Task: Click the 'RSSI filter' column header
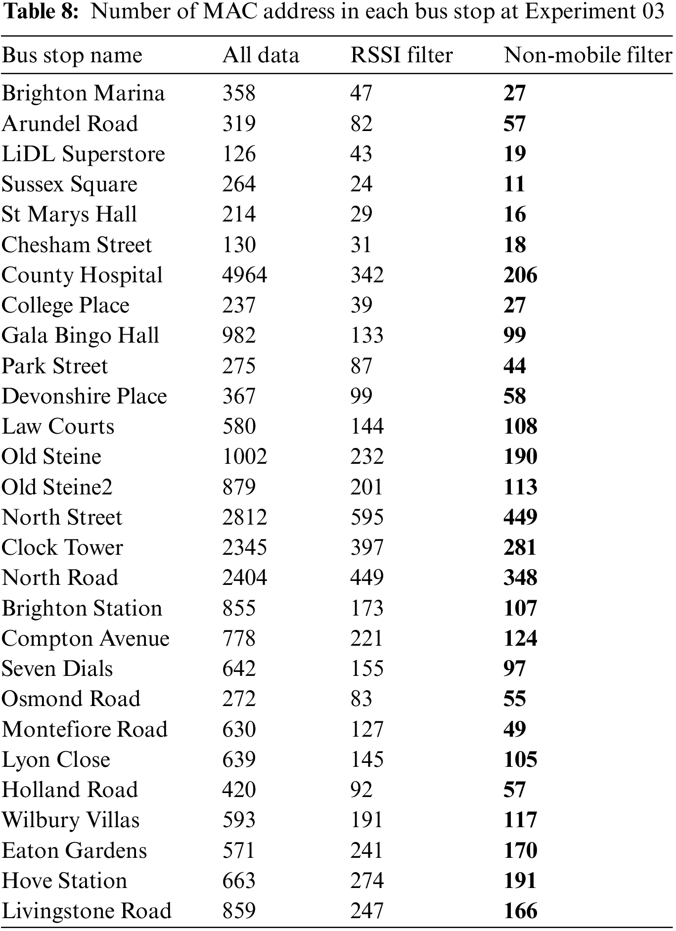401,55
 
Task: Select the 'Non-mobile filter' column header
587,55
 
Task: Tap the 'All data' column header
261,55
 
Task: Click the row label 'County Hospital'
82,275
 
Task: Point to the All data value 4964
244,275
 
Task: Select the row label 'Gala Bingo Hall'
80,336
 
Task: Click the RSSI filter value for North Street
367,518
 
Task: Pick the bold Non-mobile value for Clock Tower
520,548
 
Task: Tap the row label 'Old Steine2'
57,488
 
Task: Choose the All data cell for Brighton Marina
239,93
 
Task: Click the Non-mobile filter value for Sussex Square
514,184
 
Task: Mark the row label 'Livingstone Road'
87,911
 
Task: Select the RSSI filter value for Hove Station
367,881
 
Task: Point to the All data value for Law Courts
239,427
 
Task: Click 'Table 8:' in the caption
41,11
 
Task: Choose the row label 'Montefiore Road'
85,730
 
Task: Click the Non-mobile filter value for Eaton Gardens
520,851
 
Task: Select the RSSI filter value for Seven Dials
367,669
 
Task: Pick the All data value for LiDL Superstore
239,154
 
